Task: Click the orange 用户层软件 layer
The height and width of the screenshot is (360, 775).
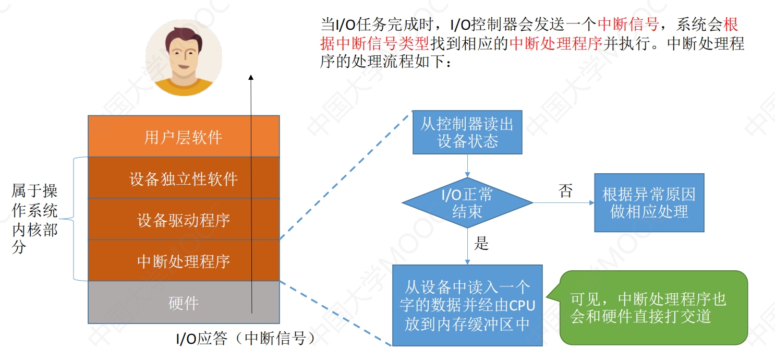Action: tap(184, 136)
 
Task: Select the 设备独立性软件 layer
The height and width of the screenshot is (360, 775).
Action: tap(184, 178)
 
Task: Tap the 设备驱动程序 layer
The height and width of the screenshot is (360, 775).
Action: tap(184, 219)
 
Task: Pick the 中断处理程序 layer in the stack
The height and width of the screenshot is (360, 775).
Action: tap(184, 260)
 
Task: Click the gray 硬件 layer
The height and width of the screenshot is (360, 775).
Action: tap(184, 302)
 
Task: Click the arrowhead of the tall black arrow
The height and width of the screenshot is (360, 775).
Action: tap(251, 77)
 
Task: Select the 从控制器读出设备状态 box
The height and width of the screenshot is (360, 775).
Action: tap(467, 132)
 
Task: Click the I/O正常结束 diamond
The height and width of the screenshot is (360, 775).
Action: tap(467, 203)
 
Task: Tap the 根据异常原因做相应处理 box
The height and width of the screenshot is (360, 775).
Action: tap(649, 203)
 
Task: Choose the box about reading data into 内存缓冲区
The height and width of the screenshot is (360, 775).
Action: tap(467, 305)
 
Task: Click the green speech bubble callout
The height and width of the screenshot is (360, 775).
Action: tap(650, 307)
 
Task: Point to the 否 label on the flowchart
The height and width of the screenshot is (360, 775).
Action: tap(566, 191)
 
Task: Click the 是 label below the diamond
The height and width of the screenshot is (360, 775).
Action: tap(481, 243)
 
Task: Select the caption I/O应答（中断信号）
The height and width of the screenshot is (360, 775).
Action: tap(246, 338)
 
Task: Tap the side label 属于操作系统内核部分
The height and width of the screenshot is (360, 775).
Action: tap(34, 219)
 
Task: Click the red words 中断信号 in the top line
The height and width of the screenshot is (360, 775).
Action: tap(628, 24)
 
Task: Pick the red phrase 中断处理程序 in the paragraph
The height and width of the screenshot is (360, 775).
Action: tap(555, 43)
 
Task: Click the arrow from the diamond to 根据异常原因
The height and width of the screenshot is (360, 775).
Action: tap(564, 203)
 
